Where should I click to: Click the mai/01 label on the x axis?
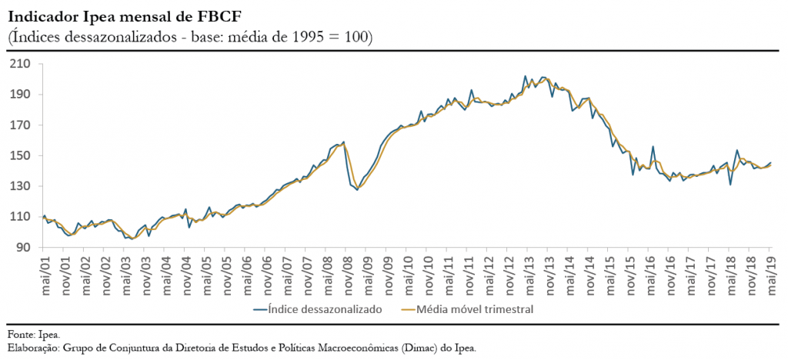[x=44, y=271]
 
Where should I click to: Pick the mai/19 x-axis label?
[x=771, y=271]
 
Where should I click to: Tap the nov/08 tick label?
[x=347, y=271]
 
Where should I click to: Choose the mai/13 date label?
[x=529, y=271]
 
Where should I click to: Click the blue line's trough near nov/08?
[x=357, y=189]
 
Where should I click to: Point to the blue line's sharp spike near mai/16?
[x=653, y=147]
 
